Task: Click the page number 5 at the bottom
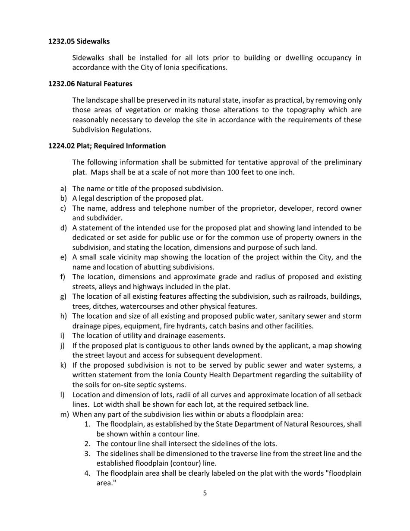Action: point(205,493)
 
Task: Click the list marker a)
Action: point(63,189)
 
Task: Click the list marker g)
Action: point(63,297)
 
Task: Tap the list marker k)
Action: point(63,365)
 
